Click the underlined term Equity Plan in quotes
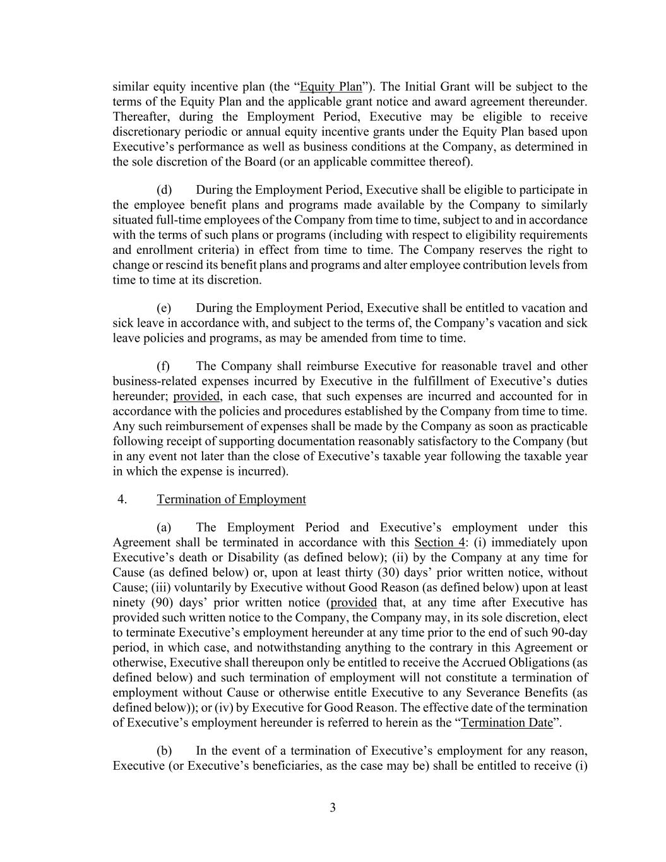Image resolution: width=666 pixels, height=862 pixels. pos(331,87)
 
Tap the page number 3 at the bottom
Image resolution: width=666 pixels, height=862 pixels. pos(333,808)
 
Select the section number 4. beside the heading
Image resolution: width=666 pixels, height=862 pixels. pos(122,500)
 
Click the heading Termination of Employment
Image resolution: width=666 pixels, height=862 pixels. pos(231,500)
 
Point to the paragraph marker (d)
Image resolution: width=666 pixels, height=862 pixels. pos(164,190)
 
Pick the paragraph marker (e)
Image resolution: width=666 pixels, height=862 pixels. pos(164,308)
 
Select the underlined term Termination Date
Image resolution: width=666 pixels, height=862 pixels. pos(507,722)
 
